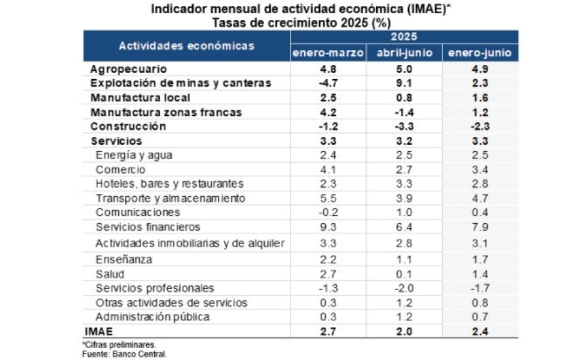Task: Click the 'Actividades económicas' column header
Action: [x=186, y=46]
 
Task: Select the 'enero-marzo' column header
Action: [x=328, y=53]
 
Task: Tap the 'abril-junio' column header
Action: [x=404, y=53]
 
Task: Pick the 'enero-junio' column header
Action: [x=480, y=53]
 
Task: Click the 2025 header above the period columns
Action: [x=404, y=37]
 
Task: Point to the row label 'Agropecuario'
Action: [x=128, y=69]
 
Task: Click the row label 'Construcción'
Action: [x=128, y=127]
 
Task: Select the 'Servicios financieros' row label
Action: [x=148, y=227]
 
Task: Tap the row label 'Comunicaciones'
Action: [x=137, y=212]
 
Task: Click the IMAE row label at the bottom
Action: [x=98, y=331]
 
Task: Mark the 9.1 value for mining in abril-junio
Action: [x=404, y=83]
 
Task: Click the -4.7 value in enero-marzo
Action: [x=328, y=83]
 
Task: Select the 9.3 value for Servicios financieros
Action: [x=328, y=227]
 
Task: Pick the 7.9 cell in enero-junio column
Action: [x=480, y=227]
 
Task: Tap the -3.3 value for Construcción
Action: [x=404, y=127]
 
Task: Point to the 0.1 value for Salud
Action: [x=404, y=274]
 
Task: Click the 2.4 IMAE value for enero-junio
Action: [x=480, y=331]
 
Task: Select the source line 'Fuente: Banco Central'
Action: [x=124, y=353]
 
